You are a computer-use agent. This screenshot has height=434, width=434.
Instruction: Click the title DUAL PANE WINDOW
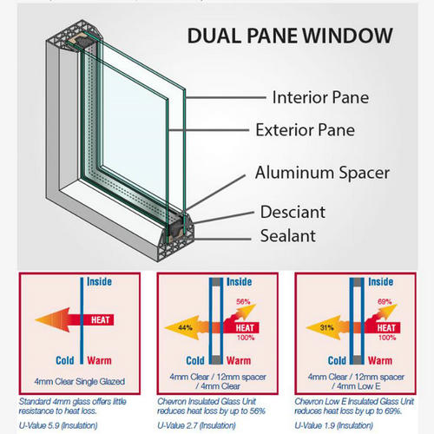click(x=290, y=36)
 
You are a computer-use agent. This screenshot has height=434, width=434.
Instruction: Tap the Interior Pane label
click(x=320, y=97)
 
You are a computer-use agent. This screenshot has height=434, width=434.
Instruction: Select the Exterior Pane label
click(x=306, y=129)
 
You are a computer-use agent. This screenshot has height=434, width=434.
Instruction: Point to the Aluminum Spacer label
click(x=322, y=173)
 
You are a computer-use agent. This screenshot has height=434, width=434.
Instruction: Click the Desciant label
click(x=293, y=212)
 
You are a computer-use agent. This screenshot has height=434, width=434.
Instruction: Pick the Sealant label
click(x=288, y=235)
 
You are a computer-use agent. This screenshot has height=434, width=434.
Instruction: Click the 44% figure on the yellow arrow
click(x=185, y=327)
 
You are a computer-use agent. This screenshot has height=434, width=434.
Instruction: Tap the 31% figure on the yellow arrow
click(x=327, y=327)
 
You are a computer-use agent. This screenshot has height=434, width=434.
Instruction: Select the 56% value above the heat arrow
click(x=243, y=301)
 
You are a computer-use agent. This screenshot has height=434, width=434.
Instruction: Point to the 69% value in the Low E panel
click(x=385, y=301)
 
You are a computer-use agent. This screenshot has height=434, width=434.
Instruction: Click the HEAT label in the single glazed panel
click(x=101, y=319)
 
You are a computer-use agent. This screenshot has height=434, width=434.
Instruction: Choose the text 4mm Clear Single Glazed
click(x=80, y=381)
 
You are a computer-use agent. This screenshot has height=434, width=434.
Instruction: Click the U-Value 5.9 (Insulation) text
click(x=58, y=425)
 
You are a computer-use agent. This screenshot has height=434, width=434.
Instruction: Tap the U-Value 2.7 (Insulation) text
click(x=196, y=425)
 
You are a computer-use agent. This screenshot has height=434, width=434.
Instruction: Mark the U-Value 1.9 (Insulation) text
click(x=333, y=425)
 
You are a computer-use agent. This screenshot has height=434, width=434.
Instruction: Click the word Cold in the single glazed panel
click(x=65, y=360)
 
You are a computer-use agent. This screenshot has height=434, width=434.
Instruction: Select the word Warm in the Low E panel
click(x=380, y=360)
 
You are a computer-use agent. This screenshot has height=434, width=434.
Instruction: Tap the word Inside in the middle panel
click(x=239, y=282)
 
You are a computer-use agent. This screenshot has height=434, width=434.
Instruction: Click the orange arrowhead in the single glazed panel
click(x=53, y=319)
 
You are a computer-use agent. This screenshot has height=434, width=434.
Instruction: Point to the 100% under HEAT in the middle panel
click(x=246, y=338)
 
